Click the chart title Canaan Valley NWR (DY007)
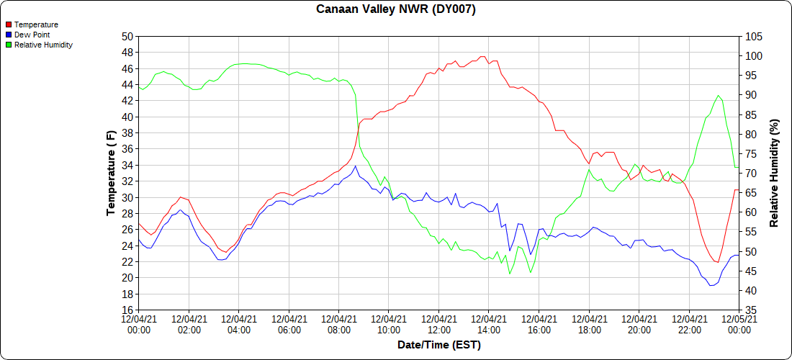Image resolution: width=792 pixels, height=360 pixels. click(396, 9)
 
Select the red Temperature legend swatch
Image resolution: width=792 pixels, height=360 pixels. click(9, 24)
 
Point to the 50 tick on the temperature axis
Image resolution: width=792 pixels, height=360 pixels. click(127, 37)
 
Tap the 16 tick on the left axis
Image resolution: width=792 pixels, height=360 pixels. click(127, 310)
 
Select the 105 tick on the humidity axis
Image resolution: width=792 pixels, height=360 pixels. click(752, 37)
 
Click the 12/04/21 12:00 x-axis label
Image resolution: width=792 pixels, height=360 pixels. click(438, 324)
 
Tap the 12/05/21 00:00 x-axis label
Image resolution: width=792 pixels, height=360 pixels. click(739, 324)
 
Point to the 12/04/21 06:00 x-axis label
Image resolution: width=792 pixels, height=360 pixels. click(289, 324)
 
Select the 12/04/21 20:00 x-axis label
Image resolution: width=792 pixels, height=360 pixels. click(639, 324)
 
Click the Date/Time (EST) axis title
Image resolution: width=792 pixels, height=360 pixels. click(438, 345)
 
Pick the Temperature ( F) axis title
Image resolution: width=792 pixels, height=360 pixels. click(112, 173)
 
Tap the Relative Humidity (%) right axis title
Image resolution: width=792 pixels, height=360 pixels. click(775, 173)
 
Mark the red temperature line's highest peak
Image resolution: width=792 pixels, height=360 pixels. click(482, 57)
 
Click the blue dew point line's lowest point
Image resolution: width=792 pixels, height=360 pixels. click(711, 286)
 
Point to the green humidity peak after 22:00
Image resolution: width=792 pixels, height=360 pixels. click(718, 95)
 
